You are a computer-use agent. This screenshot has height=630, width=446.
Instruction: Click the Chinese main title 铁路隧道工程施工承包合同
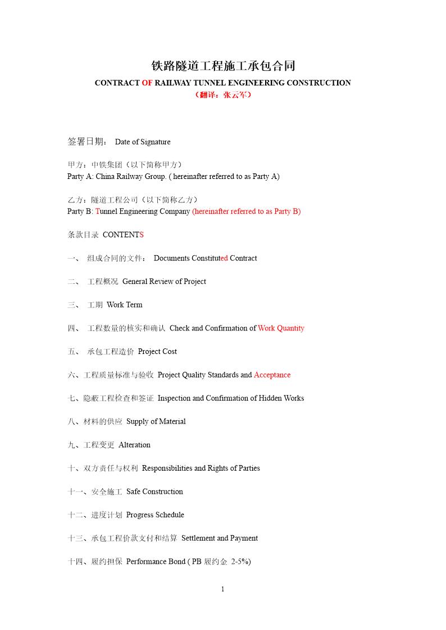223,66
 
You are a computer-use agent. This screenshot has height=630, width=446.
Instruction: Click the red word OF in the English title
147,83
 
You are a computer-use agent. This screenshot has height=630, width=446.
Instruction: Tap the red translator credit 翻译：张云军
223,95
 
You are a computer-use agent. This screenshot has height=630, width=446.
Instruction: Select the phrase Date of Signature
143,142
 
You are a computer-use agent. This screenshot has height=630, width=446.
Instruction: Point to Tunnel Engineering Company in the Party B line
143,211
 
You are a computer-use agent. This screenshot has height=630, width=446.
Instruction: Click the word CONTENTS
123,235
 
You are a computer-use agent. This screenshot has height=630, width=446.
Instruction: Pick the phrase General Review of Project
164,282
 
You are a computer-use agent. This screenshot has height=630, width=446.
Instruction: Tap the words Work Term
124,305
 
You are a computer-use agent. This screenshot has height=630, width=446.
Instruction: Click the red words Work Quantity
281,328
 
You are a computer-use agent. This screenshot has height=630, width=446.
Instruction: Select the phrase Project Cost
157,352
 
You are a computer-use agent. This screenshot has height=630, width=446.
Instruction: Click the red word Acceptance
272,375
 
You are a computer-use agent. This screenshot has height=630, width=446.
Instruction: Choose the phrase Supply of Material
156,422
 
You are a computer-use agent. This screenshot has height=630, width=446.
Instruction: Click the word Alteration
134,445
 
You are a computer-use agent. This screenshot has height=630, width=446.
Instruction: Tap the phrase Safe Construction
154,492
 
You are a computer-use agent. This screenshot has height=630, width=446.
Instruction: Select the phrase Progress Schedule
155,515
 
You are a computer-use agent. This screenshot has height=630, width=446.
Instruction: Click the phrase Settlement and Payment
220,539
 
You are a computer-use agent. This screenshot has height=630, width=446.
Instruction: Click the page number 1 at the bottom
223,589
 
